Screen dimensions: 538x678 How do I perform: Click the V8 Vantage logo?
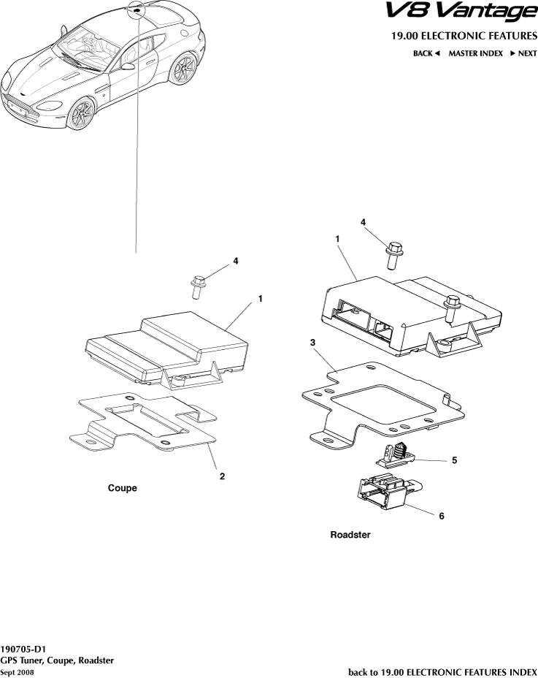coord(461,12)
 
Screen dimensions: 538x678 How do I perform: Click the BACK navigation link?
coord(426,53)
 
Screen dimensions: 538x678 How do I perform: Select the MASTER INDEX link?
coord(475,53)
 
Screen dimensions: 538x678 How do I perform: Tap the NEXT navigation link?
coord(523,53)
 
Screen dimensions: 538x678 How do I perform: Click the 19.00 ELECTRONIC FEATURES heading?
coord(464,36)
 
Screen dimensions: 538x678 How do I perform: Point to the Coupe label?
coord(123,488)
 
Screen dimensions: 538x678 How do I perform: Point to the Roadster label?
coord(350,535)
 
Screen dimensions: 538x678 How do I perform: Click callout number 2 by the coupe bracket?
coord(222,476)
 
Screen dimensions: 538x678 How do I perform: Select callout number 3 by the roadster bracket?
coord(312,343)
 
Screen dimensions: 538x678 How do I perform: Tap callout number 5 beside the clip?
coord(454,460)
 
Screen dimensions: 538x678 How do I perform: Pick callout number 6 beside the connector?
coord(441,516)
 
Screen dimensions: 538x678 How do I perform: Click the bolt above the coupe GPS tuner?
coord(198,286)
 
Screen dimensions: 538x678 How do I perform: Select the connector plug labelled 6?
coord(388,492)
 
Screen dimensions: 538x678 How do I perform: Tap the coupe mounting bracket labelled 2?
coord(143,422)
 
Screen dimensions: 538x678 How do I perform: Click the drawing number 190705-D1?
coord(23,650)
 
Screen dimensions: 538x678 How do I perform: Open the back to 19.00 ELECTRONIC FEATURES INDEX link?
coord(442,672)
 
